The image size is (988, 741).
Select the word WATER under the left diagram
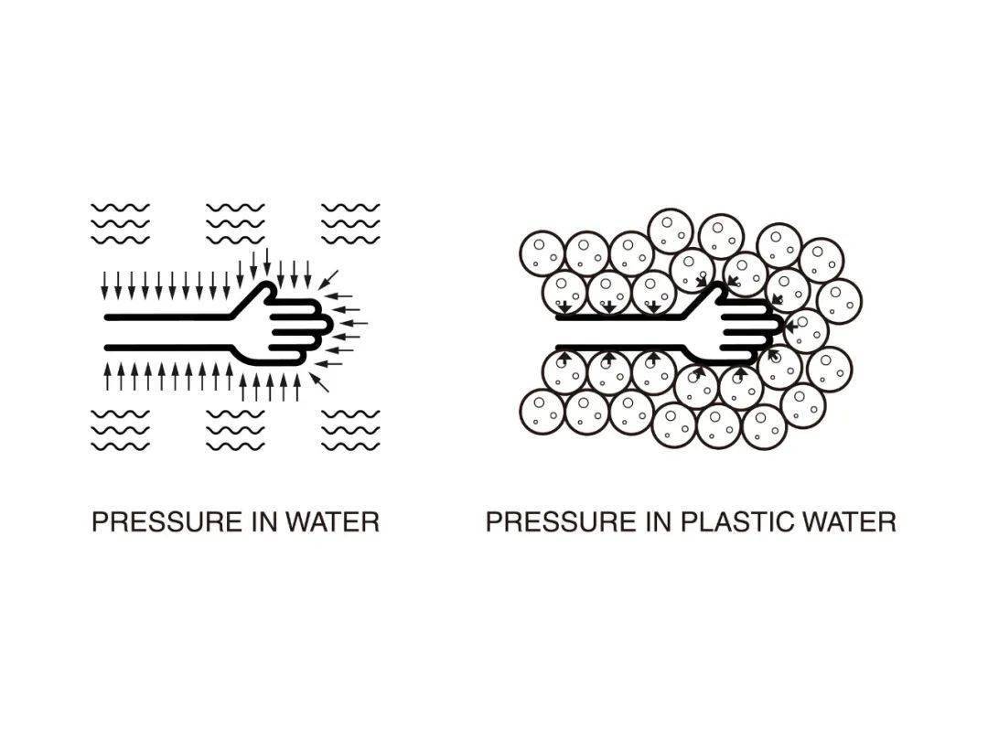[x=333, y=522]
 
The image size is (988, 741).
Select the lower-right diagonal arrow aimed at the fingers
[x=319, y=382]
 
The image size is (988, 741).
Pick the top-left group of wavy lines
[x=121, y=224]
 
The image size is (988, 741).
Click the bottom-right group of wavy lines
[x=351, y=430]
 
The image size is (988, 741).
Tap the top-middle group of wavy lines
[x=236, y=224]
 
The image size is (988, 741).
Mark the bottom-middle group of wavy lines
[x=236, y=430]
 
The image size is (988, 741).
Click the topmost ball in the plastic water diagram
[x=671, y=231]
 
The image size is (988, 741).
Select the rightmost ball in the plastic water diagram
[x=839, y=301]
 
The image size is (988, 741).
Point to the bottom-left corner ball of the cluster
[x=542, y=413]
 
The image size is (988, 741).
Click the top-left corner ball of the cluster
[x=542, y=254]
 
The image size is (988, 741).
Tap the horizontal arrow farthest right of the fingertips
[x=357, y=323]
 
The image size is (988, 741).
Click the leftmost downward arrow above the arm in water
[x=105, y=285]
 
